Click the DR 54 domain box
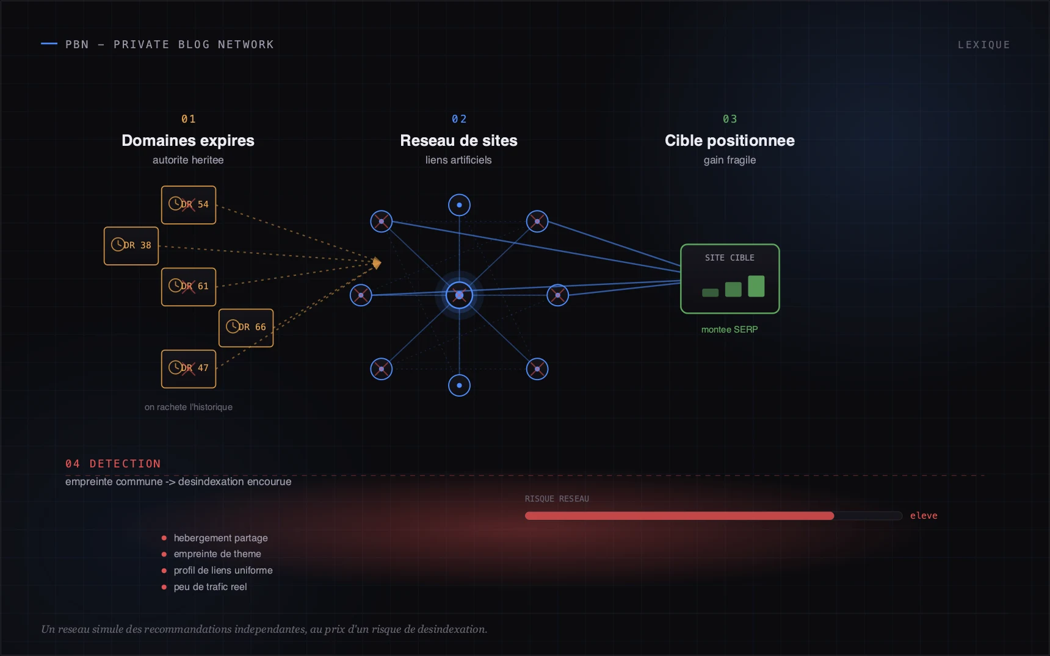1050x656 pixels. coord(189,205)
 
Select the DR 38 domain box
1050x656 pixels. coord(131,246)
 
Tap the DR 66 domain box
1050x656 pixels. coord(246,328)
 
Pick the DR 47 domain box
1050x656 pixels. coord(189,369)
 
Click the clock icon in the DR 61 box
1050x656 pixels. coord(175,285)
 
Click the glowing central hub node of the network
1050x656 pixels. coord(459,295)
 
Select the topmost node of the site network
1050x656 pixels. coord(459,205)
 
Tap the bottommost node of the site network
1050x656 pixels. coord(459,386)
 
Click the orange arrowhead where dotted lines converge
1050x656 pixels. coord(377,263)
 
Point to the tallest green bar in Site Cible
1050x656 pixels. coord(756,286)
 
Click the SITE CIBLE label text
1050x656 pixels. coord(730,258)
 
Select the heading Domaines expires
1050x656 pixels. coord(188,140)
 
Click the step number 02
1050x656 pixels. coord(459,119)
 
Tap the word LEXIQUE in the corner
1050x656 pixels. coord(983,45)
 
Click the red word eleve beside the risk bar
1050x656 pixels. coord(924,516)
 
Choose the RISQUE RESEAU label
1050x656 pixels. coord(557,499)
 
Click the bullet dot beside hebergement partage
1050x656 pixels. coord(164,538)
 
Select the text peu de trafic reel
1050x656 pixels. coord(211,587)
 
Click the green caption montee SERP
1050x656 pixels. coord(730,330)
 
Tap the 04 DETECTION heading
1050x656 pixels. coord(113,464)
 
